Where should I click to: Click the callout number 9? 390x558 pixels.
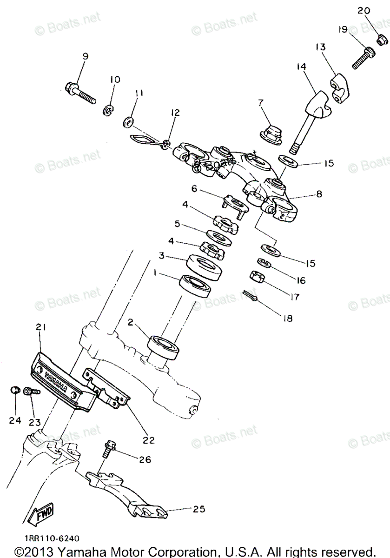tap(85, 56)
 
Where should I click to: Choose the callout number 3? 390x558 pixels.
tap(162, 255)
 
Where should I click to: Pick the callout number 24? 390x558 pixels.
tap(14, 420)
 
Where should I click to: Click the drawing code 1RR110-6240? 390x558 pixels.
tap(46, 538)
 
